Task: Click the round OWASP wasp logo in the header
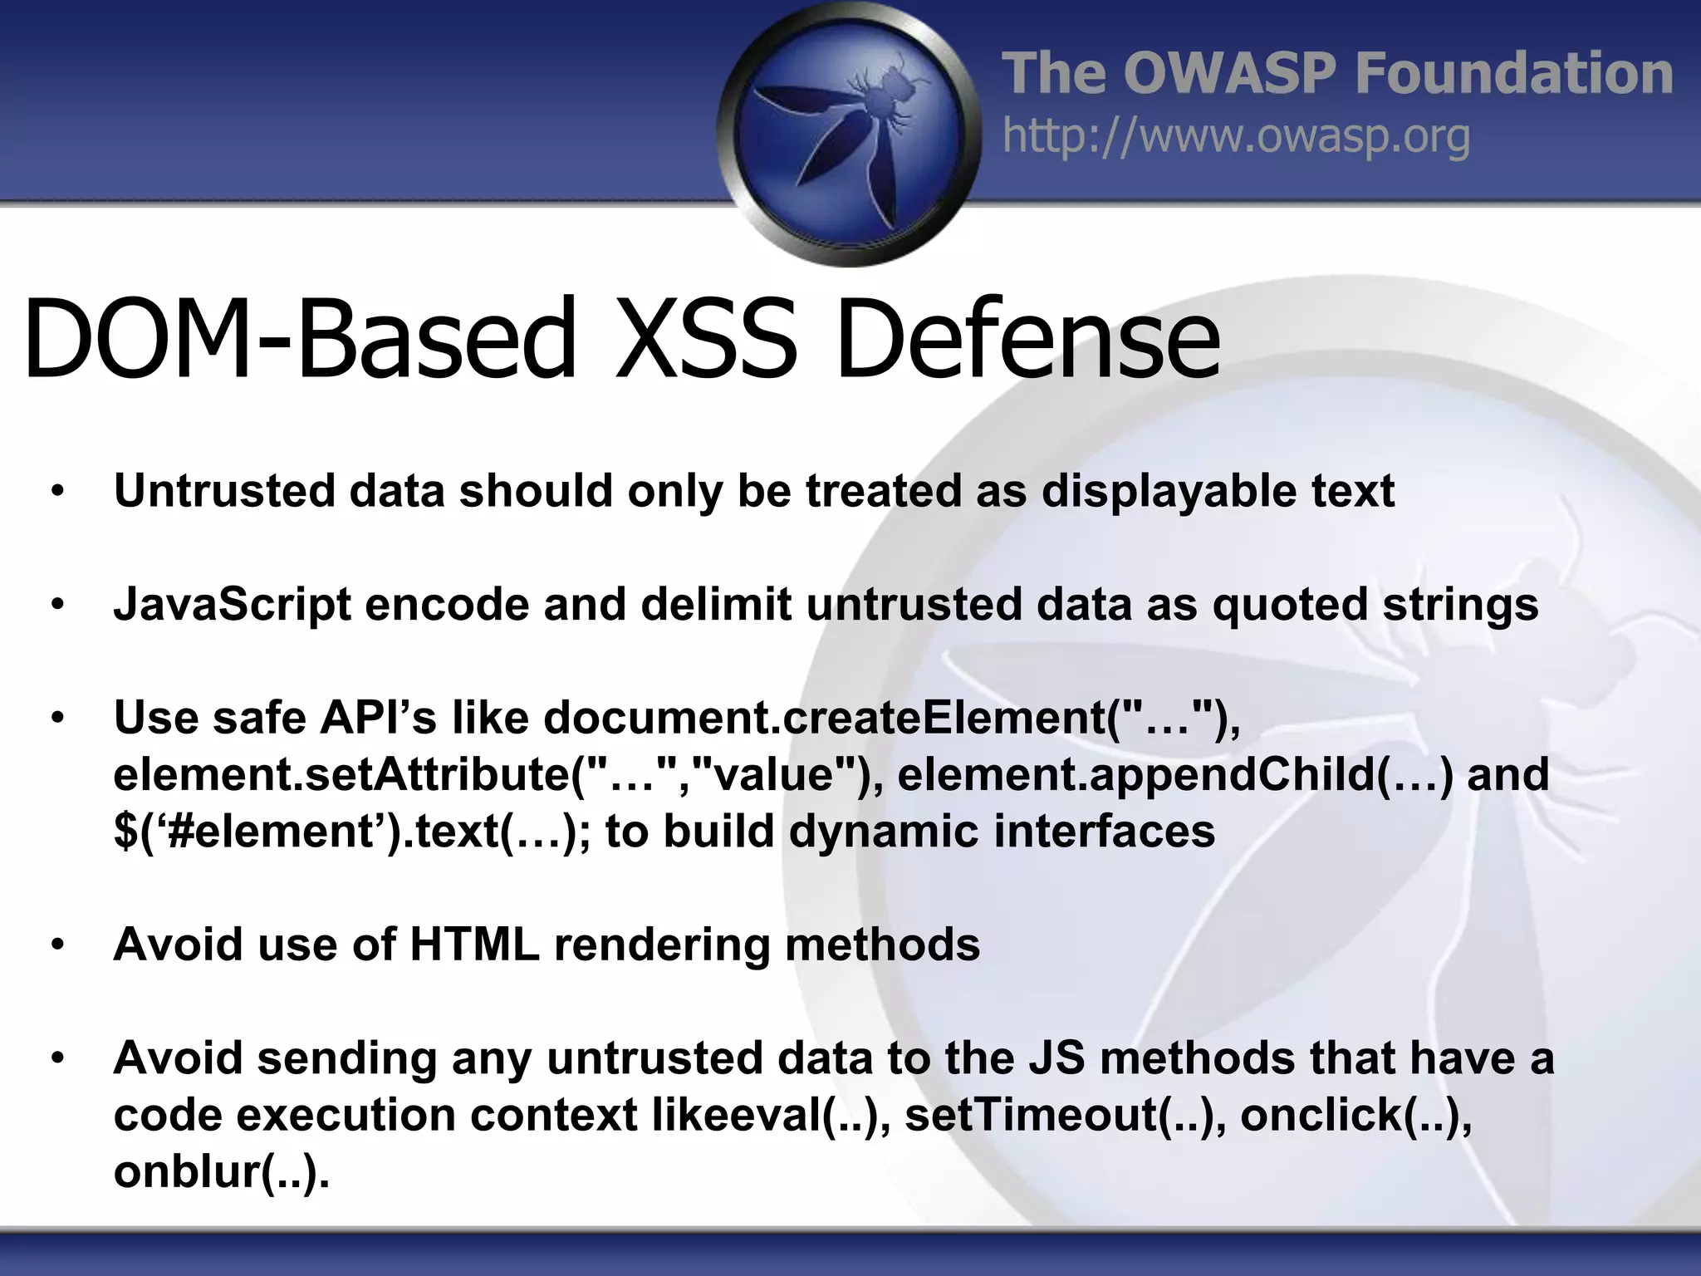[849, 133]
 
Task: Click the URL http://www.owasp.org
[1236, 136]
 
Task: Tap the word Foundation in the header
[1513, 73]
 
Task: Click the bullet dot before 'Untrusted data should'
[56, 492]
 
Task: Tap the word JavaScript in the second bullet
[233, 605]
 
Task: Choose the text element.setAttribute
[341, 774]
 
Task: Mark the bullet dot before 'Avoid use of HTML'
[56, 945]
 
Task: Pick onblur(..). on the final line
[221, 1172]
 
